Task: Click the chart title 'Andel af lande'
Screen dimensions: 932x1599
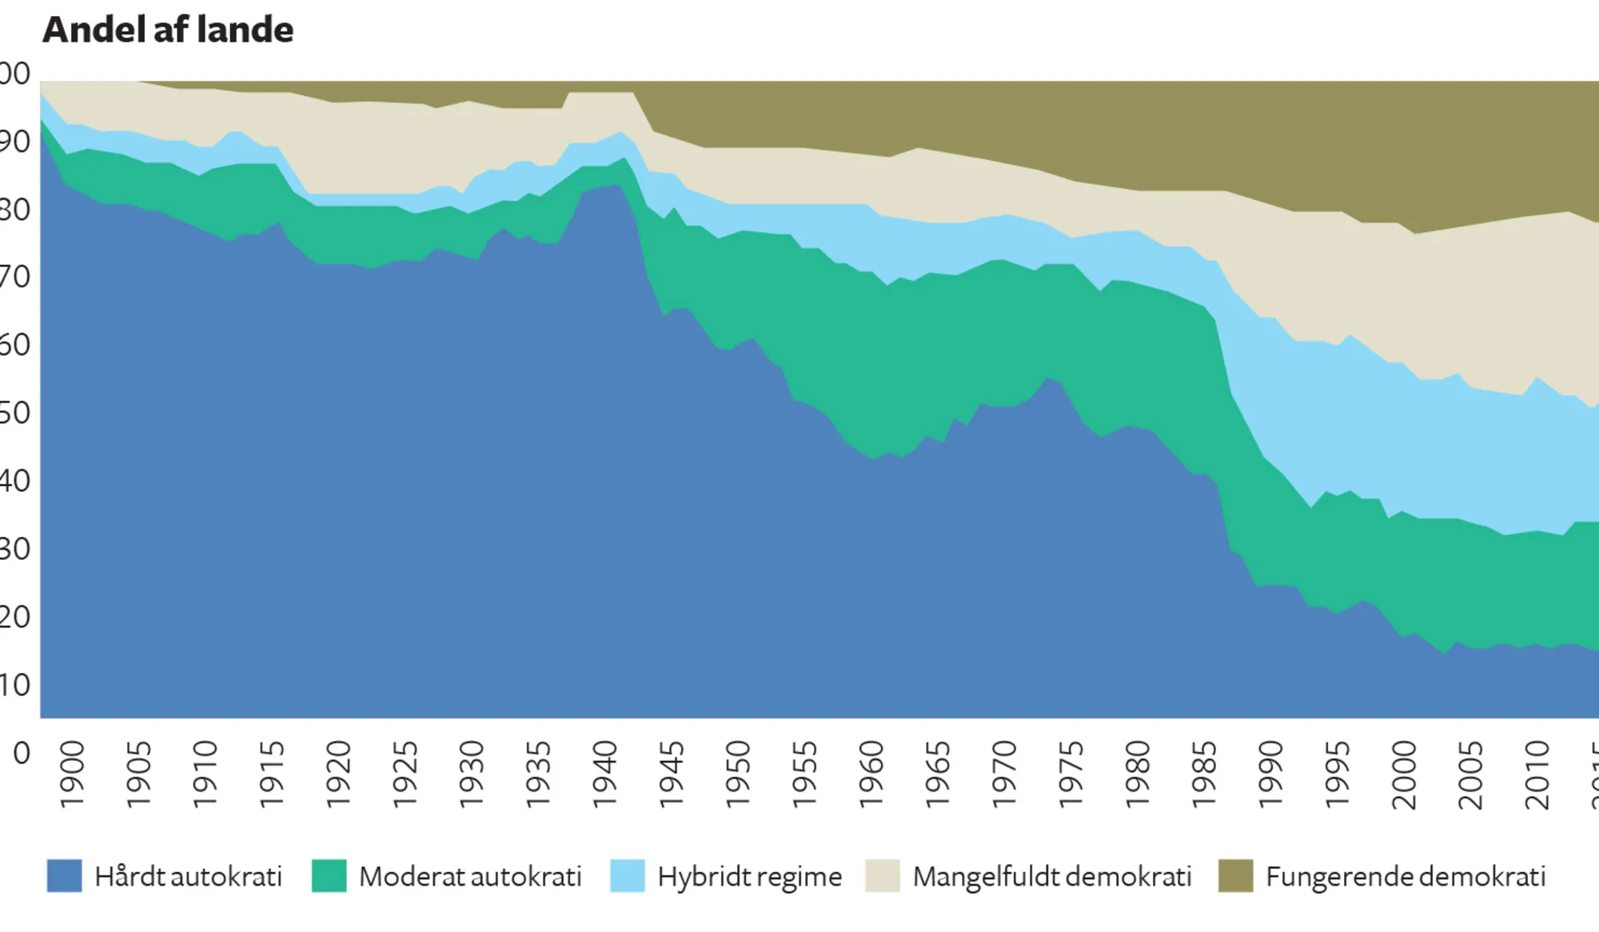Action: [x=168, y=30]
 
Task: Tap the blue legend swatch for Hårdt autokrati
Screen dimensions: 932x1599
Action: [x=64, y=876]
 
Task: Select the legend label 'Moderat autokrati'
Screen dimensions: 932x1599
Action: [x=470, y=877]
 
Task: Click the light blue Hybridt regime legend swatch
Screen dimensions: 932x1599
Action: [x=627, y=876]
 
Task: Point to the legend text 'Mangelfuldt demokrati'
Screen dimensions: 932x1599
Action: [x=1051, y=877]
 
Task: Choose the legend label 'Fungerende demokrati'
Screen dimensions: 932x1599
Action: [x=1406, y=877]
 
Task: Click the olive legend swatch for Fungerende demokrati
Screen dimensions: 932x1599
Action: [x=1235, y=876]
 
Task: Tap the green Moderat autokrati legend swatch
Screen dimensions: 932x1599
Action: [x=329, y=876]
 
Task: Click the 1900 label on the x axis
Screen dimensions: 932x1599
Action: [x=72, y=774]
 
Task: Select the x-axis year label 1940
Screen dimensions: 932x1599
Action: [x=605, y=774]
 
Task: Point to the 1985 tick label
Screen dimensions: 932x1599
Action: [x=1204, y=774]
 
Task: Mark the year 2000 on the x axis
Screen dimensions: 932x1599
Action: [x=1404, y=774]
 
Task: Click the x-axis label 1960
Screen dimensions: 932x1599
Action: [x=871, y=774]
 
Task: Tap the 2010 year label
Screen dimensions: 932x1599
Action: [x=1537, y=774]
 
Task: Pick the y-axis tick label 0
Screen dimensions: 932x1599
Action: [x=22, y=753]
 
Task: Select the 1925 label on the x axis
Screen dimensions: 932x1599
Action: [x=405, y=774]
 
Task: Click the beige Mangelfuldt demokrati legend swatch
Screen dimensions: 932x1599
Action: [x=883, y=876]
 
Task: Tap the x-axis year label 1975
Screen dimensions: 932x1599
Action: [x=1071, y=774]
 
